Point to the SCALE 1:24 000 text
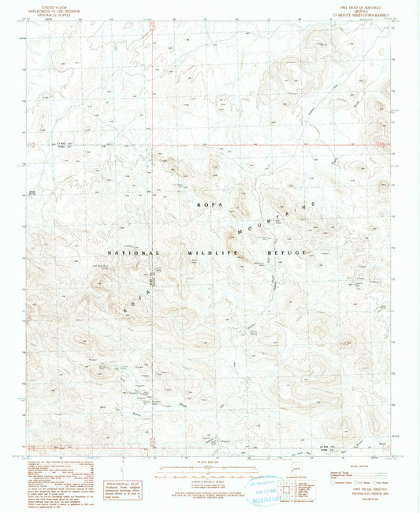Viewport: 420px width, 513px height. click(210, 459)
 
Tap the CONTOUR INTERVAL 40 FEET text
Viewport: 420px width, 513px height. click(210, 474)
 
